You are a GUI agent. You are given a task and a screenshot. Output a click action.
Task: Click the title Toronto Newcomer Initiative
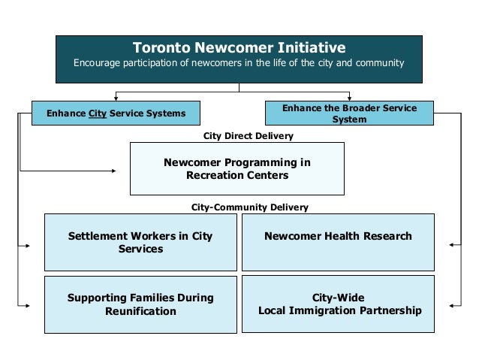point(239,48)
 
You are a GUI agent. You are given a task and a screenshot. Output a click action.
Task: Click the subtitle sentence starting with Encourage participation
point(239,63)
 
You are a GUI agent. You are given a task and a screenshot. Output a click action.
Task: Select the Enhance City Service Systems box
point(116,113)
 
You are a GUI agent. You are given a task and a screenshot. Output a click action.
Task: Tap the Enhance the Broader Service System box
point(349,113)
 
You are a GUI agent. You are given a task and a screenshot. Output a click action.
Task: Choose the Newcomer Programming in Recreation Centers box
point(237,169)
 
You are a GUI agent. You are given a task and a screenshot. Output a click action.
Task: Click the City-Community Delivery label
point(250,207)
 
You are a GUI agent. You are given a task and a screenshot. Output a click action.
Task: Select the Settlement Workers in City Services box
point(140,242)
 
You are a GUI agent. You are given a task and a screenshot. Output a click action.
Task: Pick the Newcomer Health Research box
point(338,242)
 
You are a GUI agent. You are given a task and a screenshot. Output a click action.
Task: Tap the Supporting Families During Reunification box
point(140,304)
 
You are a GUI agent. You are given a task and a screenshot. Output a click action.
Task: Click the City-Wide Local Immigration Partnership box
point(338,304)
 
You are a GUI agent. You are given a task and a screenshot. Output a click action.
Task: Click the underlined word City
point(98,113)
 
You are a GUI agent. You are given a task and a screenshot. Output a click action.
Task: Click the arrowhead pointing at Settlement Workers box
point(29,246)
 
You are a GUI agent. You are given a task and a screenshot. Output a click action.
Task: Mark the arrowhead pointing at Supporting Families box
point(29,305)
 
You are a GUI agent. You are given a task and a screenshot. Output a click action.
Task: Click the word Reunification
point(140,310)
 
